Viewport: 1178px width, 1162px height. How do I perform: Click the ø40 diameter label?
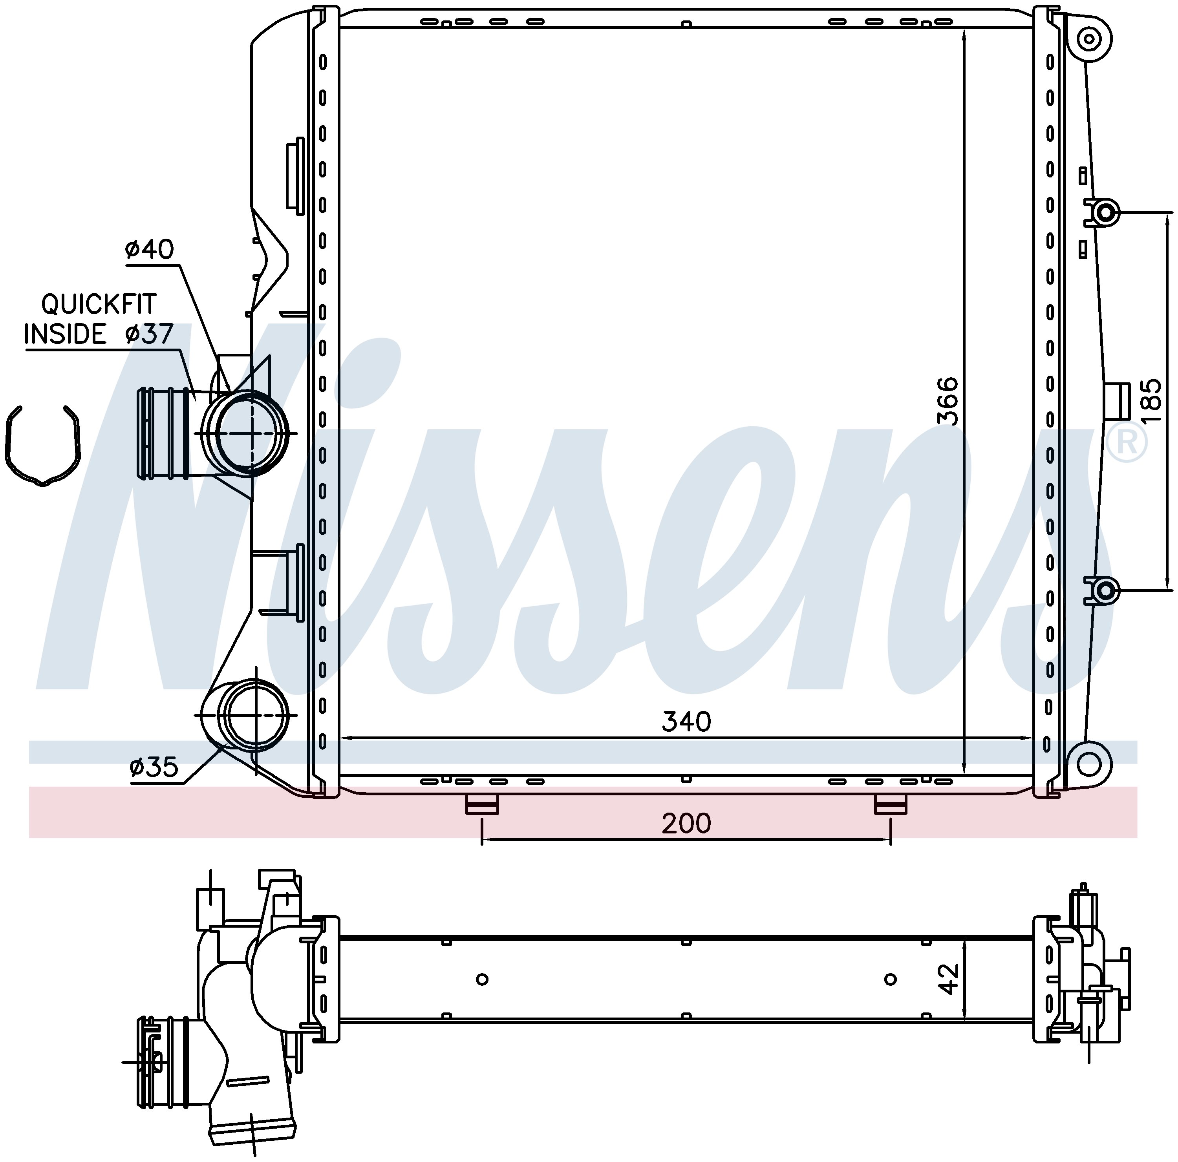(x=149, y=249)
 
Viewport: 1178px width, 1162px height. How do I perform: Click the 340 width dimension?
(x=686, y=722)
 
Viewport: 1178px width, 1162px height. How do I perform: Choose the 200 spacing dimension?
(x=686, y=824)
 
